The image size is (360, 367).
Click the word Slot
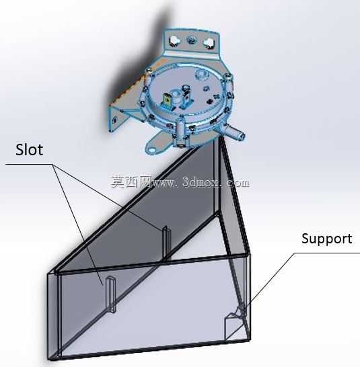coord(30,150)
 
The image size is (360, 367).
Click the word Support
coord(327,239)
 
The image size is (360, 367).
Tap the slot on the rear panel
coord(166,243)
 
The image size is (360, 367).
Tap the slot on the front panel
coord(110,294)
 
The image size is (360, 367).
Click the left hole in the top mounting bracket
coord(174,40)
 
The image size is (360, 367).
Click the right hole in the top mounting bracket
coord(209,42)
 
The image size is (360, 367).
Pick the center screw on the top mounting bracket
coord(192,40)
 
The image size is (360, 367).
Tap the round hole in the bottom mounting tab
coord(151,150)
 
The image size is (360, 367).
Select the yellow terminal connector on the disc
coord(168,101)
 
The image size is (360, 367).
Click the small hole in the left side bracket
coord(114,120)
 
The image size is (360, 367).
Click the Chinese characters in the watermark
coord(131,182)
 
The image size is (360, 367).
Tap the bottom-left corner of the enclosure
coord(48,360)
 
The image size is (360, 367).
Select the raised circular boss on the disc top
coord(202,75)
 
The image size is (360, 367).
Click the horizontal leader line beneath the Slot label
coord(29,164)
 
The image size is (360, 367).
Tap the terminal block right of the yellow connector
coord(186,97)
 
